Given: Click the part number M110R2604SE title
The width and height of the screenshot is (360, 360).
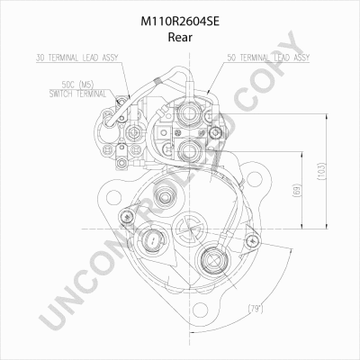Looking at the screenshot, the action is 180,22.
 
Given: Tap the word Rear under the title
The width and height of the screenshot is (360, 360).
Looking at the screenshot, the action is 180,37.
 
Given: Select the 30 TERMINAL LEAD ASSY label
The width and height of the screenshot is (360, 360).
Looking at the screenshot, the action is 77,58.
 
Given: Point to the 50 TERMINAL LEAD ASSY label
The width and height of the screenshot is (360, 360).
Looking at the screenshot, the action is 268,58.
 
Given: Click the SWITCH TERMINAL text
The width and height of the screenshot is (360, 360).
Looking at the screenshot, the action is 77,94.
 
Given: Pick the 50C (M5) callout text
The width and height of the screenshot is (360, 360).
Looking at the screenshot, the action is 77,85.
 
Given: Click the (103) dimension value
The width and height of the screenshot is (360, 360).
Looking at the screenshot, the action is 321,171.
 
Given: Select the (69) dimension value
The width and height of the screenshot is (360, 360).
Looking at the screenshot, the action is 296,190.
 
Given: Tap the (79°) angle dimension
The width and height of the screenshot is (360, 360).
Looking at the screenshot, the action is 256,309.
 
